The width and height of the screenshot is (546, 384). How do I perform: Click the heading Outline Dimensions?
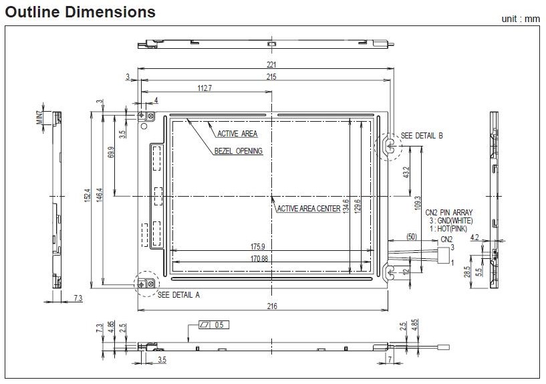pyautogui.click(x=80, y=12)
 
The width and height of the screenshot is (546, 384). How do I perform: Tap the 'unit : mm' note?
pyautogui.click(x=520, y=19)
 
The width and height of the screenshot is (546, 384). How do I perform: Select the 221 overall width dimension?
pyautogui.click(x=271, y=66)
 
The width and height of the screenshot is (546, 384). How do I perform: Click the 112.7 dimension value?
pyautogui.click(x=204, y=88)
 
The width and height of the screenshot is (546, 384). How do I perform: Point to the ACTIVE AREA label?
pyautogui.click(x=237, y=134)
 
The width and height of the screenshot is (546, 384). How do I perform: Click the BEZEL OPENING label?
pyautogui.click(x=239, y=151)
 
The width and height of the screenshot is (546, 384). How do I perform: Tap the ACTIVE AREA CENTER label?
pyautogui.click(x=308, y=209)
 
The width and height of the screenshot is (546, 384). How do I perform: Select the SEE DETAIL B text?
pyautogui.click(x=422, y=136)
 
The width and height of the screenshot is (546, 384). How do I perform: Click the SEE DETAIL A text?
pyautogui.click(x=178, y=294)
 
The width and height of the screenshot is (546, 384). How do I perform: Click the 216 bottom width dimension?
pyautogui.click(x=271, y=306)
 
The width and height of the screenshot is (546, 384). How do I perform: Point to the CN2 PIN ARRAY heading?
pyautogui.click(x=448, y=213)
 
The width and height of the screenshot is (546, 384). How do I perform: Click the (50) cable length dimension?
pyautogui.click(x=412, y=236)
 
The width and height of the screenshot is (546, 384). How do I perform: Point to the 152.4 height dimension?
pyautogui.click(x=88, y=198)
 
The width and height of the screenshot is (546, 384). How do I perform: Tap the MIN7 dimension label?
pyautogui.click(x=39, y=117)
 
